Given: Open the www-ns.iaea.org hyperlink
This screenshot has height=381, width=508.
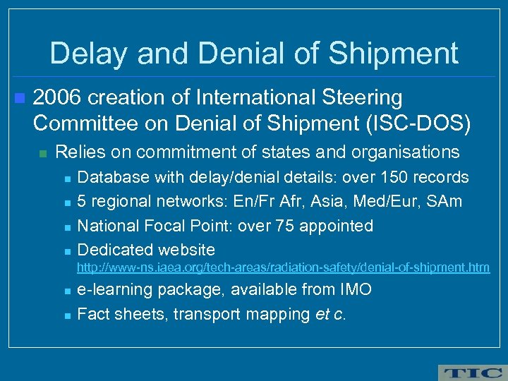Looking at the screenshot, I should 283,267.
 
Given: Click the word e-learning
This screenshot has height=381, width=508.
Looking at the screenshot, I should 114,289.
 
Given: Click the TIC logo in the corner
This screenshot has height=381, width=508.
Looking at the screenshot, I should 471,373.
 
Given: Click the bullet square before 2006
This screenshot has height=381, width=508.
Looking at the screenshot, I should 19,97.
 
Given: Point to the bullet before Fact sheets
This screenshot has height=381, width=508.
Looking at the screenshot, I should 65,315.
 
